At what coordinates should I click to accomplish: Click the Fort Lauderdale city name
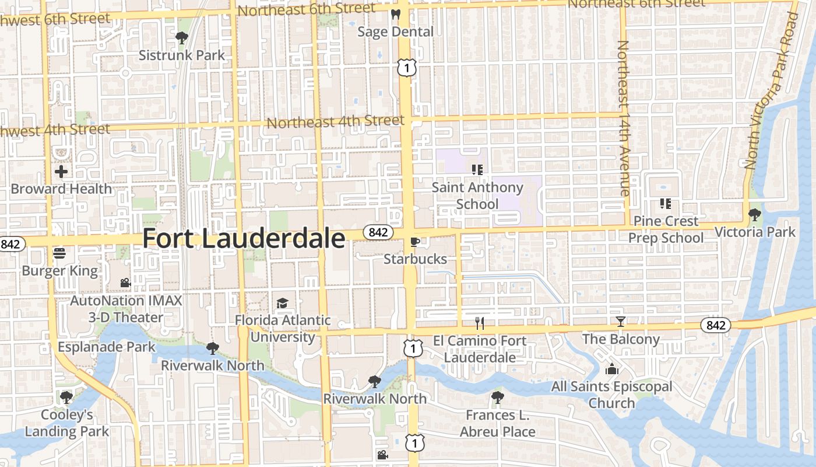(244, 238)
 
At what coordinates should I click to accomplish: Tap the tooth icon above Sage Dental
(396, 15)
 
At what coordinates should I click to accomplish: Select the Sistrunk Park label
(182, 55)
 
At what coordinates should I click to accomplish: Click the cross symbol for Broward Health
(61, 172)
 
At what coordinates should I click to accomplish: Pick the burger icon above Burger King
(59, 253)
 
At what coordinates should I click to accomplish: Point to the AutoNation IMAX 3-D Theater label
(126, 309)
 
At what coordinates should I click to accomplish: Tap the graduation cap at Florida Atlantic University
(282, 303)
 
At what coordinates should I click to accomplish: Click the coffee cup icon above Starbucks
(415, 242)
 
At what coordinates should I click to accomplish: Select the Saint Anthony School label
(477, 196)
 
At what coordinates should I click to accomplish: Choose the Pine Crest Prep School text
(666, 229)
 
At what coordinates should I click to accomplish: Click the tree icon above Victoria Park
(755, 215)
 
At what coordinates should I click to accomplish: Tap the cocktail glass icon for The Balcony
(621, 322)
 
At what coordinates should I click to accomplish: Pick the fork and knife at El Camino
(480, 323)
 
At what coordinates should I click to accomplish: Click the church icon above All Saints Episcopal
(611, 369)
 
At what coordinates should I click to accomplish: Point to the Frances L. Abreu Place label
(497, 423)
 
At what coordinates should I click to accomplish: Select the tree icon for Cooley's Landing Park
(66, 398)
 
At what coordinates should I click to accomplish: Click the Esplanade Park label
(107, 347)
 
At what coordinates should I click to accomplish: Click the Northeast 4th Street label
(335, 122)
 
